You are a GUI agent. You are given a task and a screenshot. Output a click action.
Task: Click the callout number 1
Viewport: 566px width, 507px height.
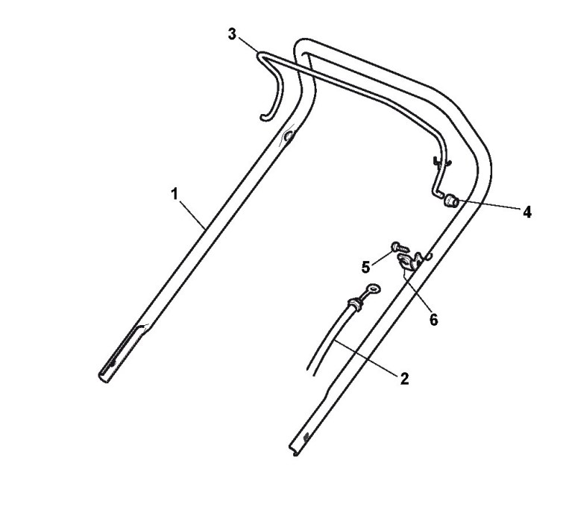click(x=174, y=194)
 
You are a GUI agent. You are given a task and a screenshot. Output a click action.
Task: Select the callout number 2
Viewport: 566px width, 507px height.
click(x=404, y=379)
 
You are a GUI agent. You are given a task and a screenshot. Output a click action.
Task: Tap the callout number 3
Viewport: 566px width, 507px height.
click(x=232, y=35)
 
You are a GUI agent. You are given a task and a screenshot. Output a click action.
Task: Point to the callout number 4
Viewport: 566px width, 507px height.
click(x=526, y=212)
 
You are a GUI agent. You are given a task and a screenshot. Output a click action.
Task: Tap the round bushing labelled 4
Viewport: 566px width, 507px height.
click(x=451, y=200)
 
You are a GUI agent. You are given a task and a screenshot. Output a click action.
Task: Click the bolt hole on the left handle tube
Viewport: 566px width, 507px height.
click(x=289, y=136)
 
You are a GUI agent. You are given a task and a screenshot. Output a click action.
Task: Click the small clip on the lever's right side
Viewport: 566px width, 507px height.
click(x=439, y=159)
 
